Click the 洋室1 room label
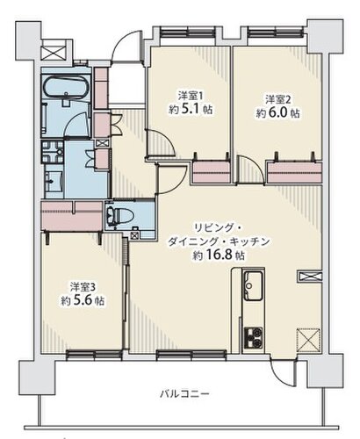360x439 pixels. click(x=191, y=95)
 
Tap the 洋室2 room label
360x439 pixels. click(x=277, y=99)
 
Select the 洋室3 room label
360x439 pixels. click(x=83, y=287)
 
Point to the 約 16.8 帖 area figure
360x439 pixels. click(x=219, y=255)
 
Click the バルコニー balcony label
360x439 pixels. click(x=184, y=393)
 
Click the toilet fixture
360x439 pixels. click(x=119, y=215)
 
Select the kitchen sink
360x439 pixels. click(x=253, y=285)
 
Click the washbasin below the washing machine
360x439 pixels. click(x=54, y=181)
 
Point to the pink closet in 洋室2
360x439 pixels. click(x=295, y=173)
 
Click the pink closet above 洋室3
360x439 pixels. click(x=72, y=216)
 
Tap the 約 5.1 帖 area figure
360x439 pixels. click(x=191, y=110)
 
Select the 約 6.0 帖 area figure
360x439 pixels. click(x=277, y=113)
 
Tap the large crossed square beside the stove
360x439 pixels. click(x=308, y=340)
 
